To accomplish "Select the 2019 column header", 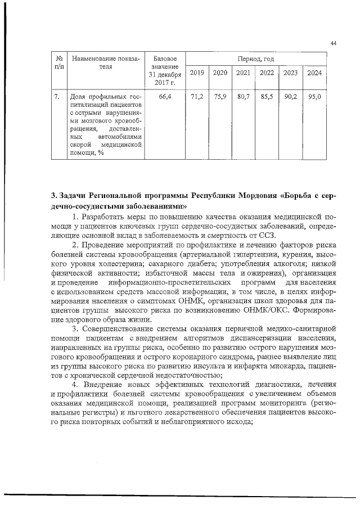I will click(x=197, y=73).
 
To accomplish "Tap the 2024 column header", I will click(x=315, y=73).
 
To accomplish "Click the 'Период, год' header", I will click(x=256, y=58).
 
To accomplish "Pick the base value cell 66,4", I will click(x=165, y=97).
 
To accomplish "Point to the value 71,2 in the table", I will click(x=197, y=97).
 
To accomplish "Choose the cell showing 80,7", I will click(x=243, y=97).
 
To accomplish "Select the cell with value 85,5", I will click(x=267, y=97).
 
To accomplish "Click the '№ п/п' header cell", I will click(x=59, y=62).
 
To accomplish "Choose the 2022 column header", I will click(x=267, y=73).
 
